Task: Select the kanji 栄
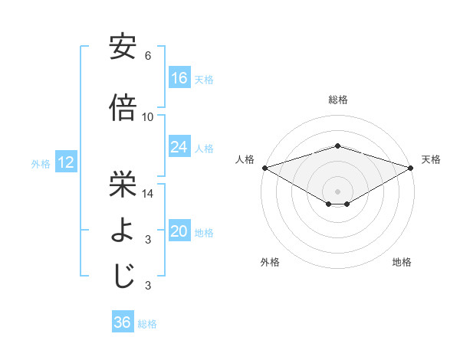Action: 123,183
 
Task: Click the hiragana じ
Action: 123,276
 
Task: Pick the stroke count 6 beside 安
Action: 148,56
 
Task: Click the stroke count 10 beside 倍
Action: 148,117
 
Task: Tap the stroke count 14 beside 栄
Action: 148,194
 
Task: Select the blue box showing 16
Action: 179,78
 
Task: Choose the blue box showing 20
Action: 179,232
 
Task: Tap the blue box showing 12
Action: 66,162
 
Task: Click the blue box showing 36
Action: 123,322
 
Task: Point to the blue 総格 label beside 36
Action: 147,323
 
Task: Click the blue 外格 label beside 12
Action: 41,163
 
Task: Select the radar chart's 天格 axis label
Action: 431,159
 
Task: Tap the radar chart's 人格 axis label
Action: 245,159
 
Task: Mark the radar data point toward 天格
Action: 412,168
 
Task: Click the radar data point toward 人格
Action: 264,168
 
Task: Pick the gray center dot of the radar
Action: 338,191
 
